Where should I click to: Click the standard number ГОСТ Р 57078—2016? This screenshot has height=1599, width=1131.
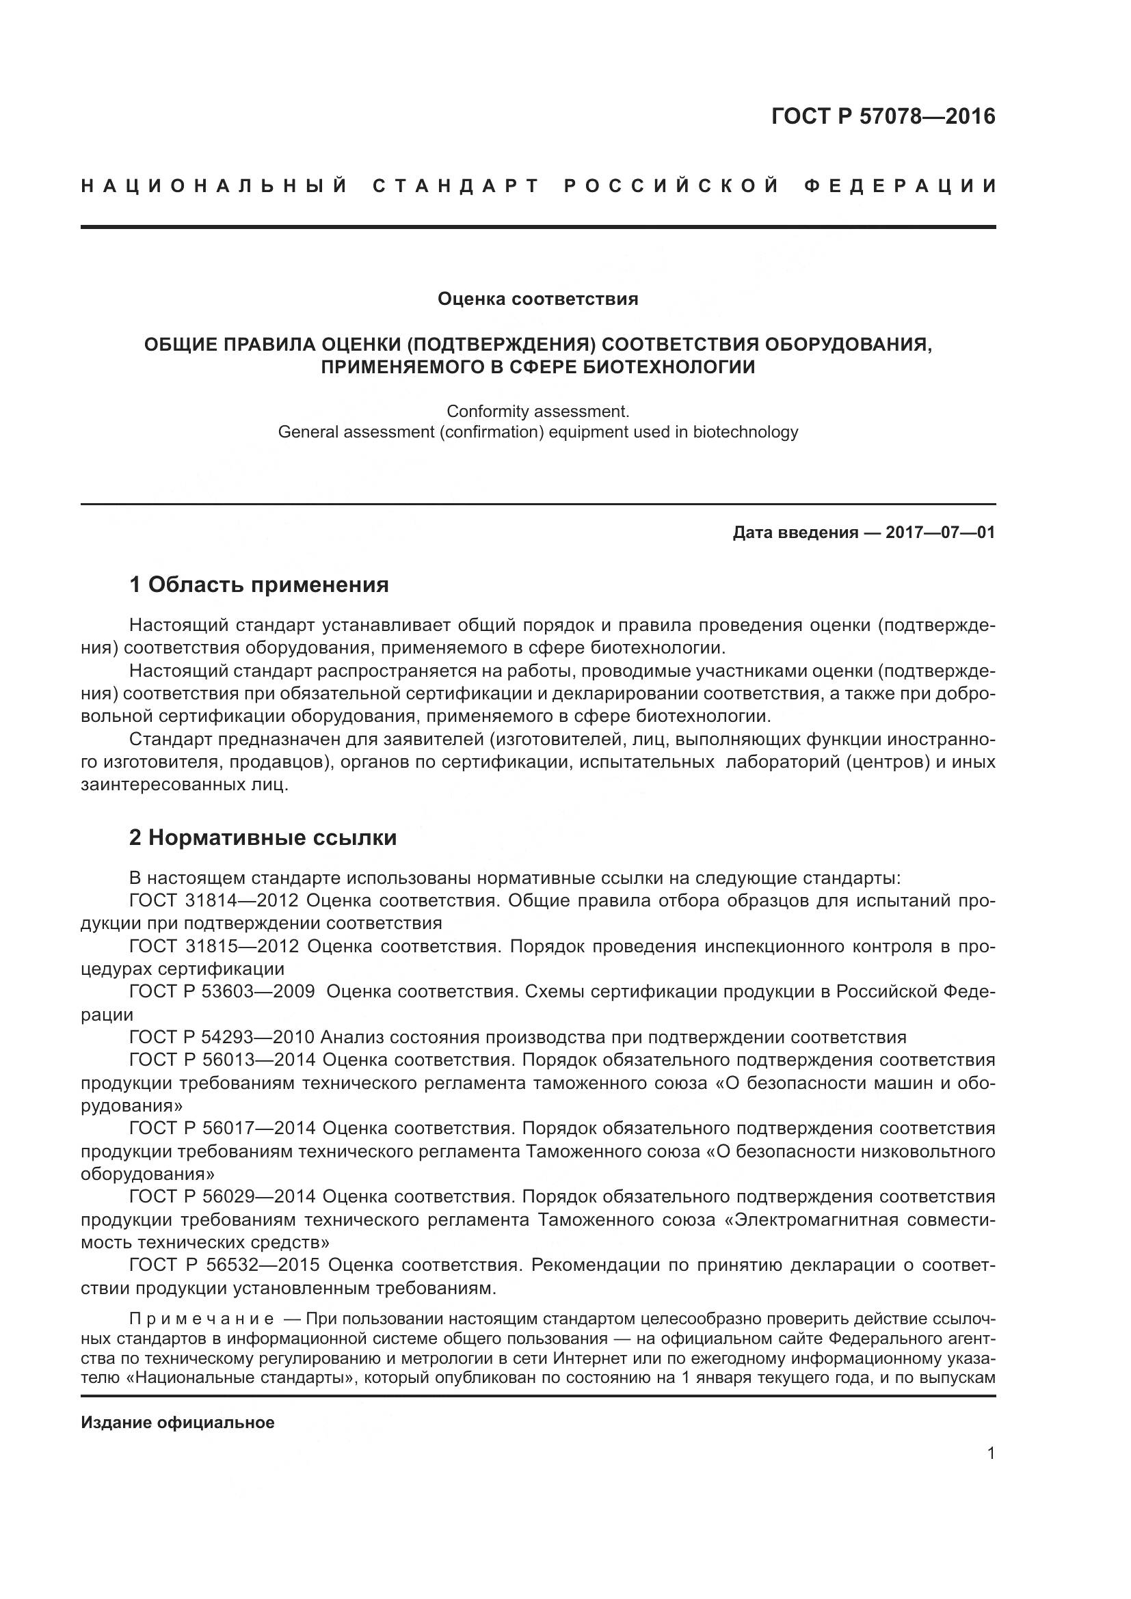click(x=883, y=116)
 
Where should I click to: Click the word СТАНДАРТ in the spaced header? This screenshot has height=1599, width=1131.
click(x=456, y=186)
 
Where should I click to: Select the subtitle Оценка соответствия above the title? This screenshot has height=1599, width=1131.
click(x=537, y=299)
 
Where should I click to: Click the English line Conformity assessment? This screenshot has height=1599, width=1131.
click(x=537, y=411)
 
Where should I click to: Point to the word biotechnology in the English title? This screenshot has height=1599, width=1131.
click(x=745, y=432)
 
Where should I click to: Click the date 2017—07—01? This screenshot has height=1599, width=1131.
click(x=940, y=533)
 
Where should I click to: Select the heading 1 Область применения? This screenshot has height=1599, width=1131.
click(x=259, y=584)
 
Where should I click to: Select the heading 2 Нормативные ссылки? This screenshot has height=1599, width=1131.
click(x=263, y=837)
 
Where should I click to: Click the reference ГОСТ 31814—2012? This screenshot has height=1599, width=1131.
click(x=214, y=900)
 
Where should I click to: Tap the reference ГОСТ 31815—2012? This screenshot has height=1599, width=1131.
click(x=214, y=945)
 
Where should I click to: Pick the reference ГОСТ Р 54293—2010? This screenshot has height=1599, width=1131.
click(x=222, y=1037)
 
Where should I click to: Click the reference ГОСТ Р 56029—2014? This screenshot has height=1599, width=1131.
click(x=222, y=1196)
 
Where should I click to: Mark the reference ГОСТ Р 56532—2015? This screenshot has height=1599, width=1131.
click(x=224, y=1265)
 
